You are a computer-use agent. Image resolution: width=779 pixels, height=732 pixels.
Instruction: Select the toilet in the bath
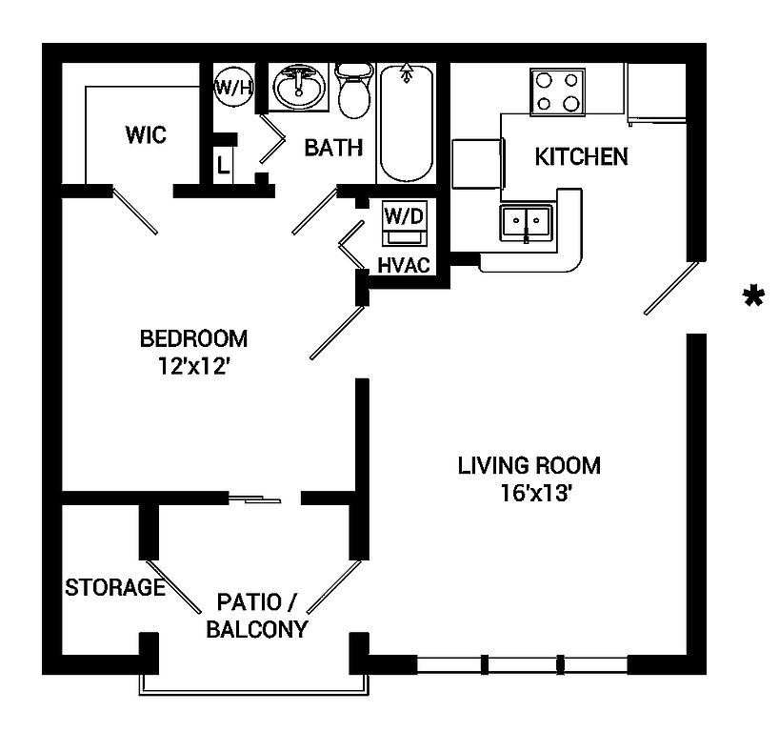[354, 91]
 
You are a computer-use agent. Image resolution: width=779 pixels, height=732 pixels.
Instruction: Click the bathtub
[407, 124]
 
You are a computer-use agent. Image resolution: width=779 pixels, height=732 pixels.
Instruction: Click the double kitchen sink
[527, 222]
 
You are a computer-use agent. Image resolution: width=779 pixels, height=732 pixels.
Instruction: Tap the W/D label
[403, 215]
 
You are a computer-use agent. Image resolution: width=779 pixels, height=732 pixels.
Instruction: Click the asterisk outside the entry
[753, 297]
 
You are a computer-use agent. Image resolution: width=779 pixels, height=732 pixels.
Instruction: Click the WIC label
[146, 135]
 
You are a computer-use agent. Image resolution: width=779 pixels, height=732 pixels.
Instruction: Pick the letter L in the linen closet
[223, 164]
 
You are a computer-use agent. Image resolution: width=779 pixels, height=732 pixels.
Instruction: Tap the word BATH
[332, 148]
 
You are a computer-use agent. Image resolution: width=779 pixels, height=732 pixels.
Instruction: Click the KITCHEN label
[581, 156]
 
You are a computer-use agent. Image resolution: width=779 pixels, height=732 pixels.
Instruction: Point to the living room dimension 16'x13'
[529, 493]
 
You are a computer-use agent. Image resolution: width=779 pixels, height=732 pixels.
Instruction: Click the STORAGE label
[114, 587]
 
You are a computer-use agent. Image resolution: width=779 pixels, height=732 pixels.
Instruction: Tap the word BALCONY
[257, 629]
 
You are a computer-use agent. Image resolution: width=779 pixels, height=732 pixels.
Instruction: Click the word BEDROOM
[193, 338]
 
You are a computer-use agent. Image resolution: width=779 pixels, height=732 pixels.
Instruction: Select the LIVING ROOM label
[529, 466]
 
